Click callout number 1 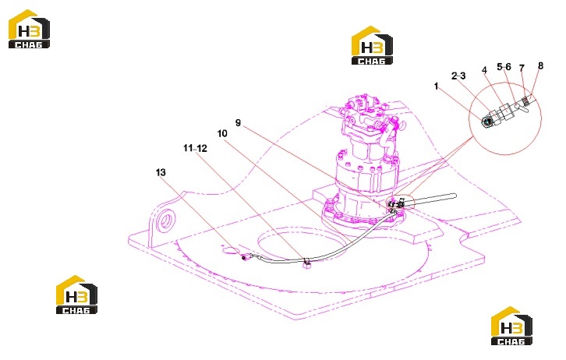(437, 86)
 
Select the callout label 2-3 (458, 76)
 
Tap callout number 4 (484, 70)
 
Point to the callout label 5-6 (504, 67)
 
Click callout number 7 (522, 68)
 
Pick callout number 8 (540, 65)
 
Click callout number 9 (238, 122)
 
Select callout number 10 (222, 133)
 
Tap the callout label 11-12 (195, 148)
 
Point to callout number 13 (161, 172)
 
